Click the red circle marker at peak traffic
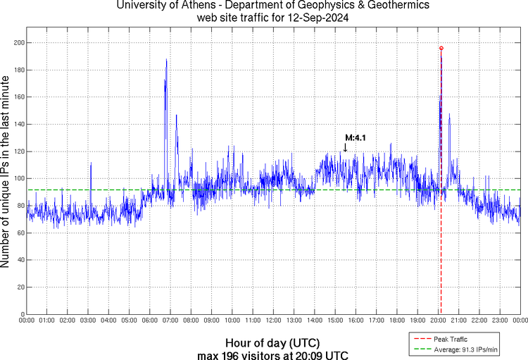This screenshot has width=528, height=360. (x=441, y=48)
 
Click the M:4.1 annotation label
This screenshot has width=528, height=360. (x=356, y=138)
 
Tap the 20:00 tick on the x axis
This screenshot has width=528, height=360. (x=439, y=321)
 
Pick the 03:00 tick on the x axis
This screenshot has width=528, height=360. (x=88, y=321)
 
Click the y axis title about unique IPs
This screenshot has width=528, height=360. (x=6, y=173)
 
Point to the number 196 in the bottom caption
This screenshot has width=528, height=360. (x=240, y=355)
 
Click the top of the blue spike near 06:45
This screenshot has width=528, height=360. (x=166, y=59)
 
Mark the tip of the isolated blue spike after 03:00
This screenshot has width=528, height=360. (x=91, y=163)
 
